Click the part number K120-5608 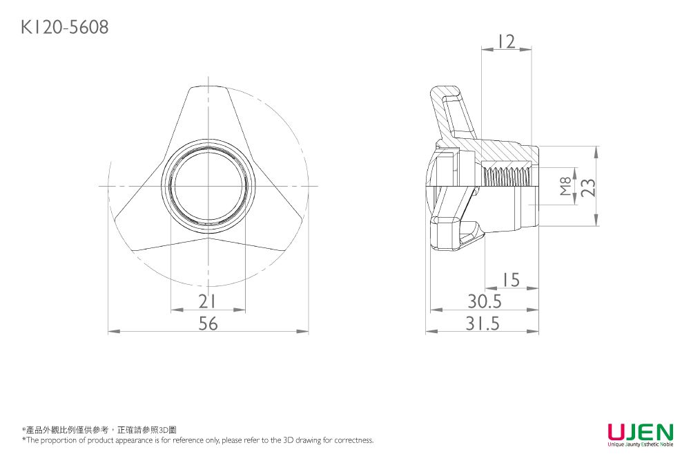[x=64, y=27]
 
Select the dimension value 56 [x=208, y=323]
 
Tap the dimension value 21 [x=207, y=301]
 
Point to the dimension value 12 [x=506, y=41]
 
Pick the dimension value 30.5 [x=484, y=301]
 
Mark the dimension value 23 [x=587, y=187]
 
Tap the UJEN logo [x=640, y=432]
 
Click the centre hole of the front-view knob [x=208, y=187]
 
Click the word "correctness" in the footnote [x=354, y=440]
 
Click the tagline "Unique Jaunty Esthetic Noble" [x=640, y=445]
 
